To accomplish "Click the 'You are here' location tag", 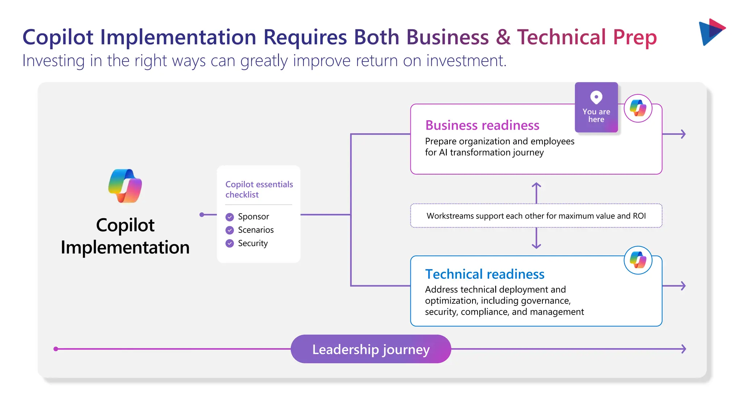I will click(x=596, y=108).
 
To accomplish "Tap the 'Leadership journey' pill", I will click(x=371, y=349).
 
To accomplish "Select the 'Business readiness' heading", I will click(x=482, y=125).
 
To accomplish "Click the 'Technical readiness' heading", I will click(x=484, y=274).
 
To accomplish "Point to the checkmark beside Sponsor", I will click(x=230, y=217).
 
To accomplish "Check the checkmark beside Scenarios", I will click(x=230, y=230).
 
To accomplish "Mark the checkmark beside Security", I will click(x=230, y=243).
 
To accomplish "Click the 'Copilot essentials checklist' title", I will click(x=259, y=189).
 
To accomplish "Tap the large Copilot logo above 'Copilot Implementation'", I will click(x=125, y=186).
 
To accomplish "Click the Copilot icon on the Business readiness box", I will click(x=638, y=108).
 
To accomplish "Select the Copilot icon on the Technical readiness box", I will click(x=638, y=260).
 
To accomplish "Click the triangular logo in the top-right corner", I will click(x=712, y=32).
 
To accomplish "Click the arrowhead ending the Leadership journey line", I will click(x=683, y=349).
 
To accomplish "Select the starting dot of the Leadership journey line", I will click(x=56, y=349).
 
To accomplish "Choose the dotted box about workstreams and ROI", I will click(x=536, y=216).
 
